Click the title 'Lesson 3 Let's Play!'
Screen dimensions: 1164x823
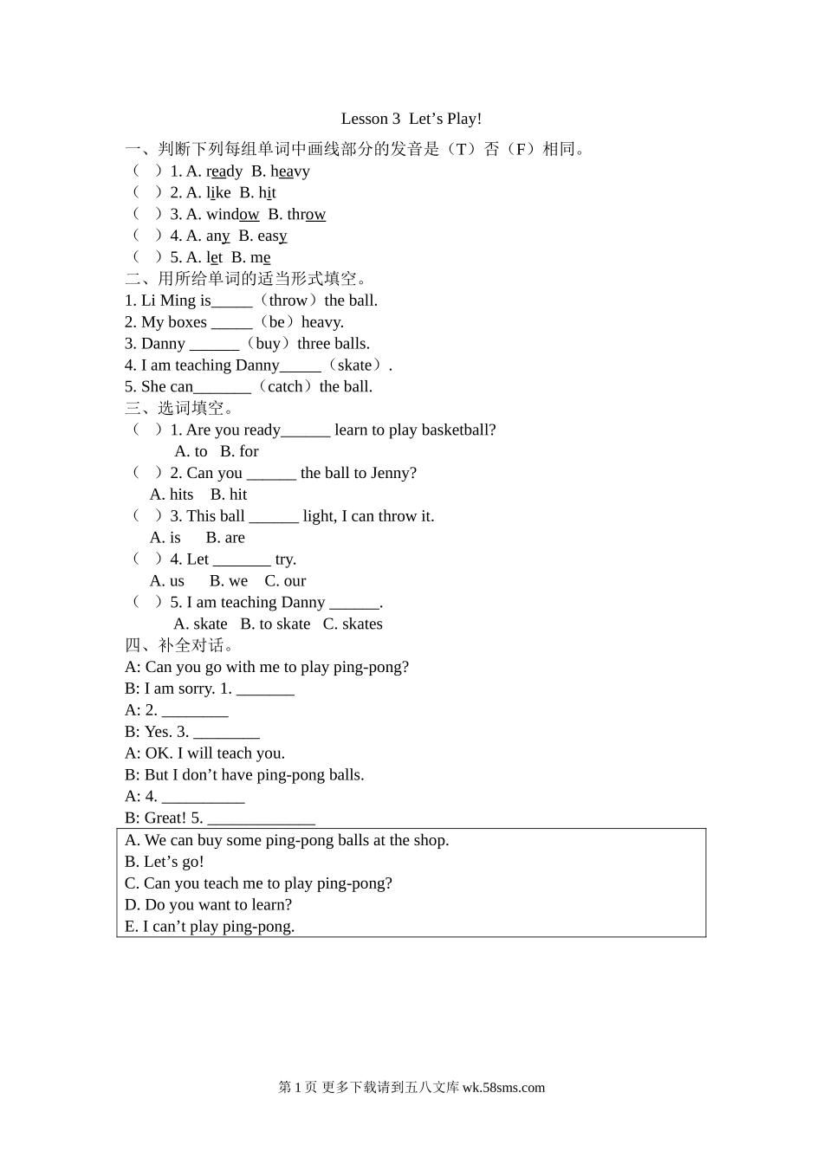(x=411, y=119)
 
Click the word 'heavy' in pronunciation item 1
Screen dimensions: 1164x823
(x=290, y=171)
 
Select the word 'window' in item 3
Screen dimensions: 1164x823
(x=232, y=215)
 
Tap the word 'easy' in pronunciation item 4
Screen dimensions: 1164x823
(x=272, y=236)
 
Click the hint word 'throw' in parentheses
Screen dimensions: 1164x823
(x=288, y=301)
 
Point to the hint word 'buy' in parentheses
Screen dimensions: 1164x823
(x=268, y=344)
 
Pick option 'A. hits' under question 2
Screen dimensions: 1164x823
(x=172, y=495)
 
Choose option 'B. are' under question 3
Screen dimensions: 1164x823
(x=225, y=538)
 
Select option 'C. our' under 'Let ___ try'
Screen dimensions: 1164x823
(x=285, y=581)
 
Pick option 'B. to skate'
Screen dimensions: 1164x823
(x=275, y=624)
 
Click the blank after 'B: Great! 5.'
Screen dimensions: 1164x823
(x=261, y=819)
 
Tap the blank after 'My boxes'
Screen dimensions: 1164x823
(x=231, y=323)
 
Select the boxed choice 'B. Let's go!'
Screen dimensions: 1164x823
(x=165, y=862)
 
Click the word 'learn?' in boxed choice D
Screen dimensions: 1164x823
(x=270, y=905)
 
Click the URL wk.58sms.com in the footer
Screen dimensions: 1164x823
(x=503, y=1088)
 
